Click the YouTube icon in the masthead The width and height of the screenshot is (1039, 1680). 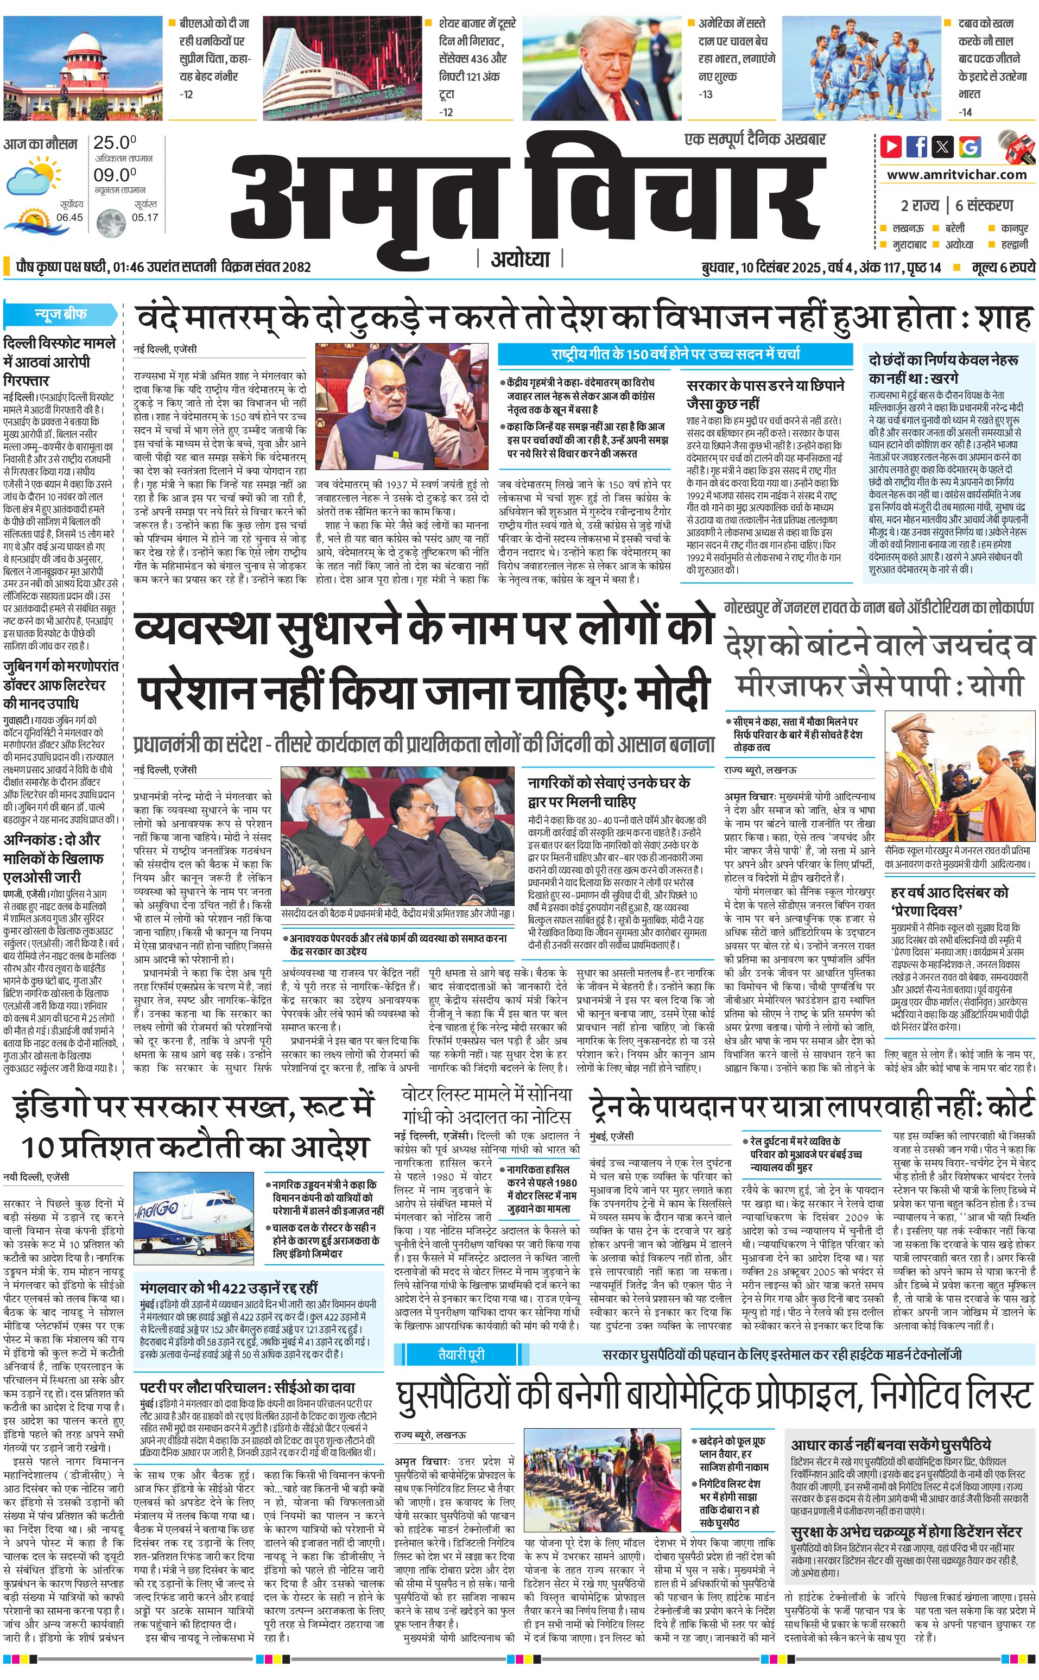[x=891, y=147]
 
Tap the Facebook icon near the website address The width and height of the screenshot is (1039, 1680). [x=917, y=147]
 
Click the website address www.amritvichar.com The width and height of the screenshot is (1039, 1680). [x=956, y=175]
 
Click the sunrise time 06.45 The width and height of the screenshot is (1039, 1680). [x=69, y=217]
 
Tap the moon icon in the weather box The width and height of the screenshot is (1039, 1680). [x=109, y=221]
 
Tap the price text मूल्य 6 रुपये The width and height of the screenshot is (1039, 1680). [x=1003, y=267]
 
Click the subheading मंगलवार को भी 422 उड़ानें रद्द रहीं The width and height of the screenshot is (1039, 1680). [x=229, y=1267]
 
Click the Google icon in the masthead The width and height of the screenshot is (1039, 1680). [x=970, y=147]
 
